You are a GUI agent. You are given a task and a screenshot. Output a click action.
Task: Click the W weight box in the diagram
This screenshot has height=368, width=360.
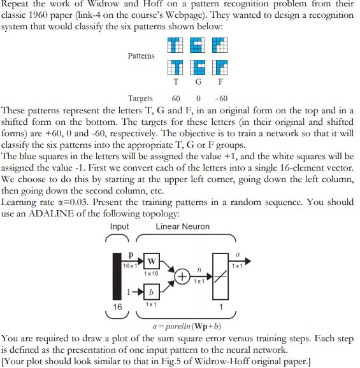152,262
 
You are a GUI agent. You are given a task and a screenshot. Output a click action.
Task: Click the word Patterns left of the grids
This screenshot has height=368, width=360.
141,56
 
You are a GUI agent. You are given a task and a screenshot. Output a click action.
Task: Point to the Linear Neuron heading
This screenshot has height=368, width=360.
182,227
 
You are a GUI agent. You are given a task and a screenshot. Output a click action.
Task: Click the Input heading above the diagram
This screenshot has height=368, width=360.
119,227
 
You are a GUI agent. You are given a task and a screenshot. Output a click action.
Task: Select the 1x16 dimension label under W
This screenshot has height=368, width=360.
152,274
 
